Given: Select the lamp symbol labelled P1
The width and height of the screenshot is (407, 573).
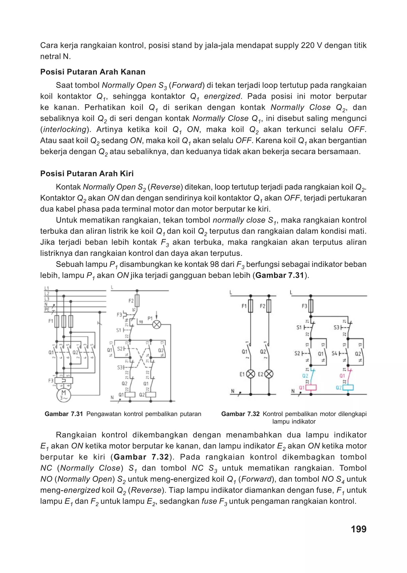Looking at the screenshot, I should (x=157, y=325).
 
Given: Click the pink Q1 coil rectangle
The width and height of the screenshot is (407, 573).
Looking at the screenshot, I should (x=311, y=388).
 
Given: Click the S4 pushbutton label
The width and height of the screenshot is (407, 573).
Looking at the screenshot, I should (x=334, y=354).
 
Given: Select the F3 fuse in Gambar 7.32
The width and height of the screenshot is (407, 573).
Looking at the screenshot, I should (x=311, y=306).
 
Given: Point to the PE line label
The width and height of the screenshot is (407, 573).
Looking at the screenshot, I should (x=47, y=310).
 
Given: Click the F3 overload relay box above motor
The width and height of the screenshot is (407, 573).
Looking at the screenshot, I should (x=64, y=380).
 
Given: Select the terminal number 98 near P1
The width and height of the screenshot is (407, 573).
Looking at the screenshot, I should (x=141, y=322).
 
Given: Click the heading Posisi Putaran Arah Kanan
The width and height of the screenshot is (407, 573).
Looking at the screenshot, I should (x=93, y=72).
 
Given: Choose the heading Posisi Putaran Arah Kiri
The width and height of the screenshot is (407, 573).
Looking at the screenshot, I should (x=87, y=173).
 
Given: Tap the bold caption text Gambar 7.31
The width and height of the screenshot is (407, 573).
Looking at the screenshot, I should (x=64, y=414).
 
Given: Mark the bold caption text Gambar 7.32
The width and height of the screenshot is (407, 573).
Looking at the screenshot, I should (x=240, y=414).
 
